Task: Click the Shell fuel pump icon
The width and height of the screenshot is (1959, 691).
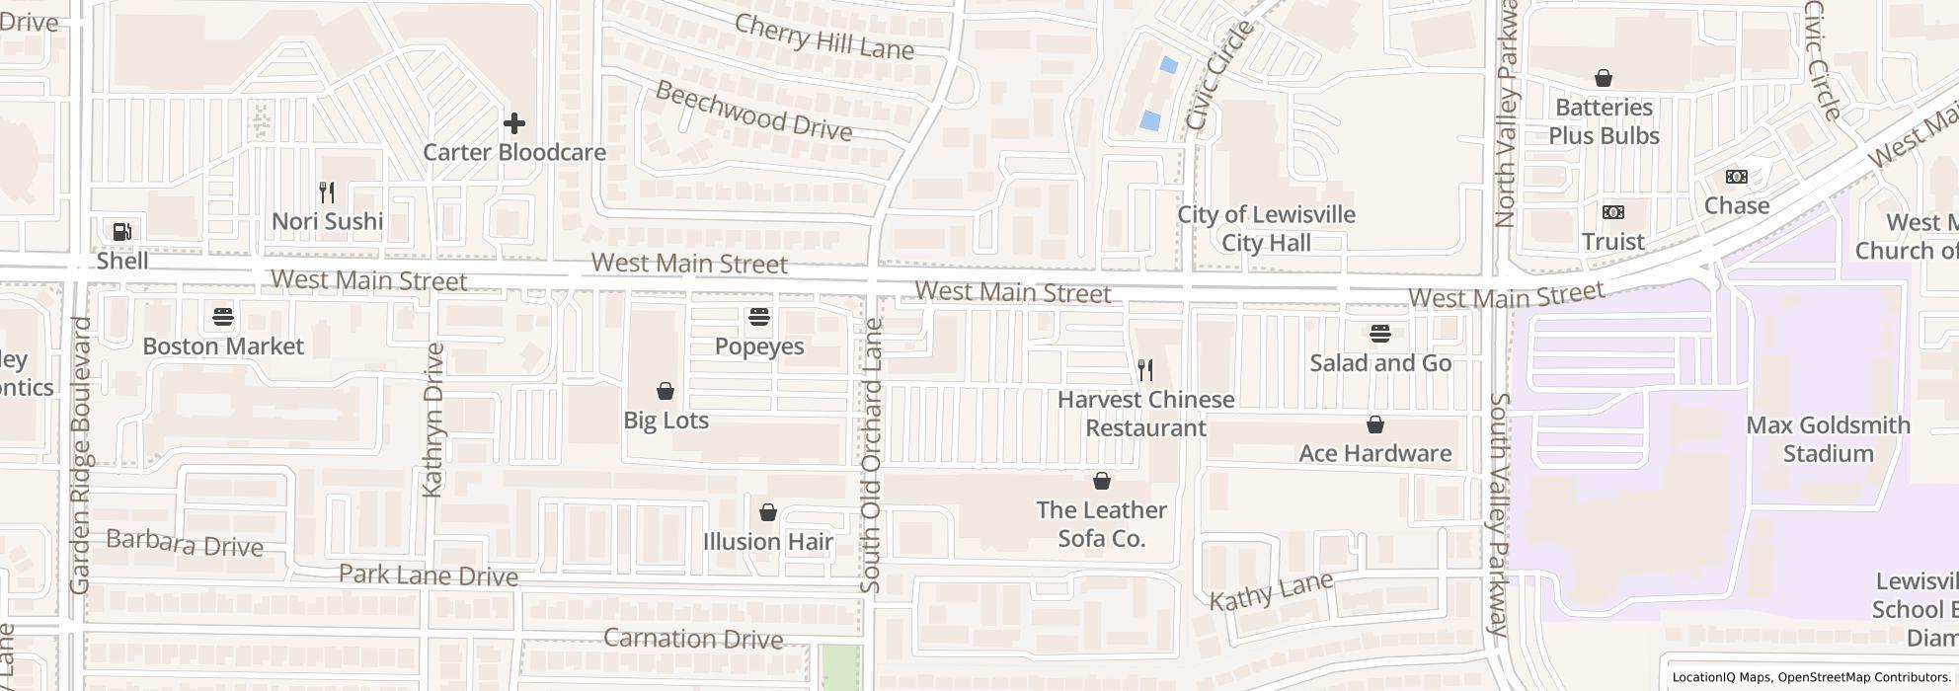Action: pyautogui.click(x=122, y=232)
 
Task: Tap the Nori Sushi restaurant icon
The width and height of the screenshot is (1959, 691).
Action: pyautogui.click(x=328, y=192)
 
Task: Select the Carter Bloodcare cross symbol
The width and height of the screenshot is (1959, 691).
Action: pyautogui.click(x=513, y=123)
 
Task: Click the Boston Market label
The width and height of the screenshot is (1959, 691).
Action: pyautogui.click(x=223, y=346)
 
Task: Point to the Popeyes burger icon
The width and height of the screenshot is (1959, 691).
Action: pyautogui.click(x=759, y=317)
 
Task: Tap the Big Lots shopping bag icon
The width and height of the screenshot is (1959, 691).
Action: pyautogui.click(x=666, y=391)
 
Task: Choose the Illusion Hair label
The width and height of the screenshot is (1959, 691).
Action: pyautogui.click(x=767, y=542)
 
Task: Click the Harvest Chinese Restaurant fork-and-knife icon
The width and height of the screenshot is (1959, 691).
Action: pyautogui.click(x=1145, y=370)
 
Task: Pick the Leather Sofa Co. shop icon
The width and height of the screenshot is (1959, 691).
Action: pyautogui.click(x=1101, y=481)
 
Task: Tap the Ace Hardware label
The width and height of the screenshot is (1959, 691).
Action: pyautogui.click(x=1374, y=453)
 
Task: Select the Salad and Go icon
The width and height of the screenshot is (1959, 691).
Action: pyautogui.click(x=1380, y=334)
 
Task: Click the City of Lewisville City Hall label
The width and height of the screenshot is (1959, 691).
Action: pyautogui.click(x=1266, y=228)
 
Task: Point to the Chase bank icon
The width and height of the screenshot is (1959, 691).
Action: pyautogui.click(x=1736, y=177)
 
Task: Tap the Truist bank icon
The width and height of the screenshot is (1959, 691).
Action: pyautogui.click(x=1612, y=212)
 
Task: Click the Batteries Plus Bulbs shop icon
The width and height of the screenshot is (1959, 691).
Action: pyautogui.click(x=1604, y=78)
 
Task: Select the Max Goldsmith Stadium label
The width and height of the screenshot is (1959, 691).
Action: pyautogui.click(x=1828, y=439)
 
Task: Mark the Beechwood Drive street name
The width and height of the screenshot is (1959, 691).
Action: pyautogui.click(x=753, y=111)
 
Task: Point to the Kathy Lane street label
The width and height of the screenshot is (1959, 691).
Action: pyautogui.click(x=1272, y=591)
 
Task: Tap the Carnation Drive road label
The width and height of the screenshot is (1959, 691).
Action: pyautogui.click(x=692, y=639)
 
